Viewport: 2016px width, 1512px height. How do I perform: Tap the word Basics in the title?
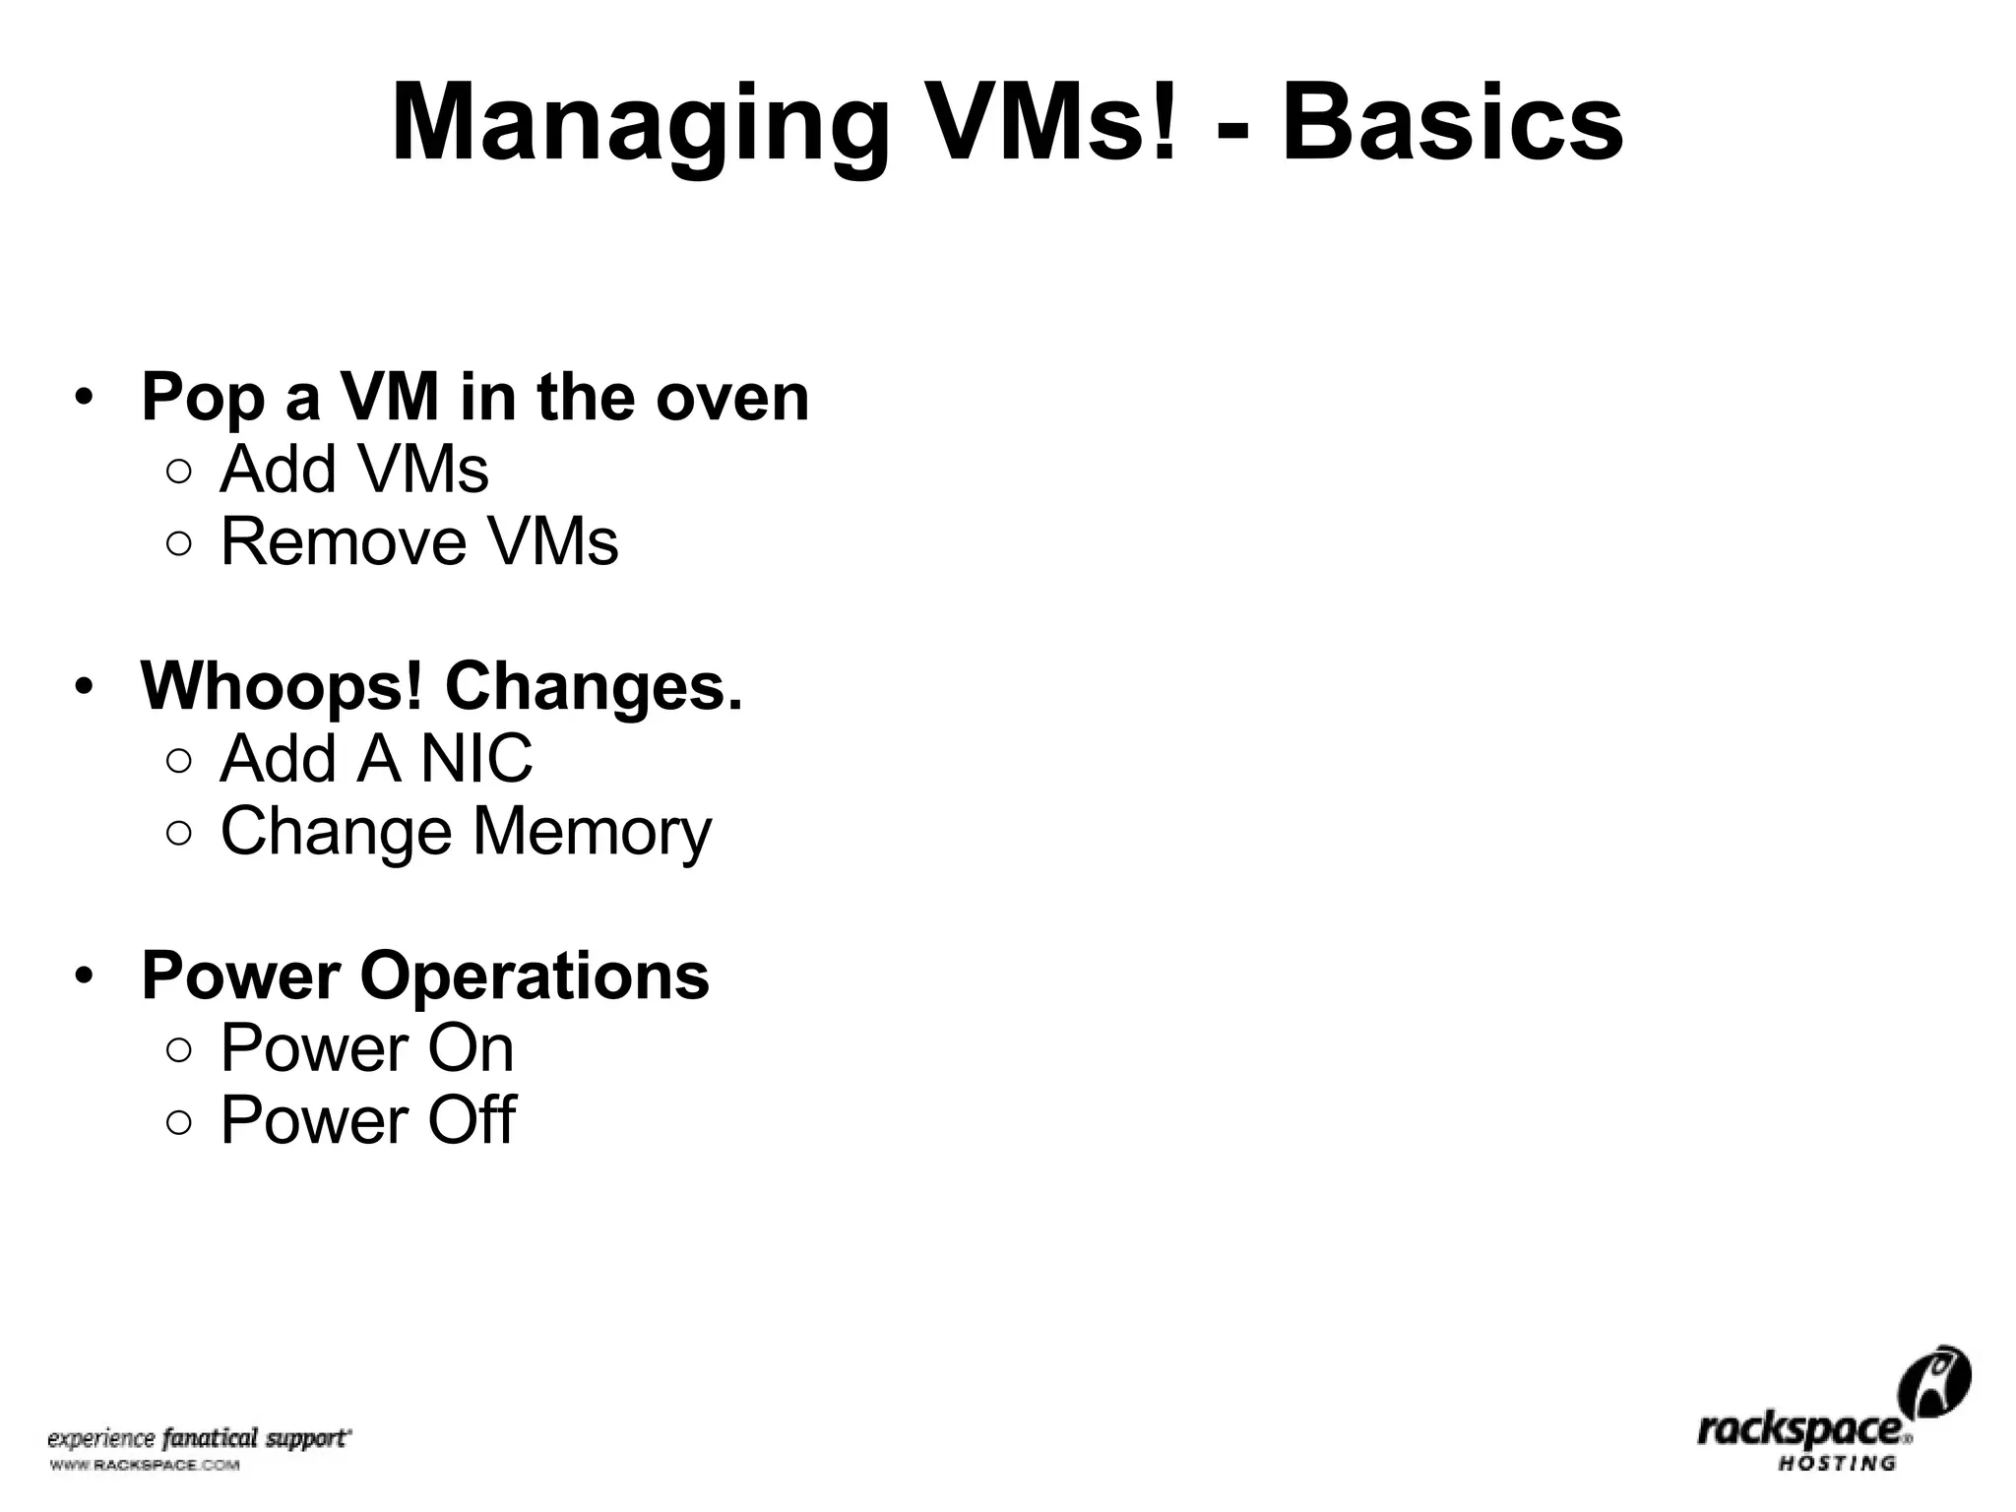tap(1452, 126)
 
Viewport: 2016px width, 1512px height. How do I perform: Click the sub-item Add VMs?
tap(353, 470)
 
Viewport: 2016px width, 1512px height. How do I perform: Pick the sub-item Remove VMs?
tap(419, 541)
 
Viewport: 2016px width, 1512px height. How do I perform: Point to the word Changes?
tap(595, 686)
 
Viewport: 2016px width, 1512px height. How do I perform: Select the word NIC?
tap(476, 759)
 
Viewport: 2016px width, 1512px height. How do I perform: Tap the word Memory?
tap(592, 833)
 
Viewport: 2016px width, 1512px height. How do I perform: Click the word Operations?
tap(535, 976)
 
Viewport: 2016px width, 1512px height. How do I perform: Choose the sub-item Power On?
tap(366, 1048)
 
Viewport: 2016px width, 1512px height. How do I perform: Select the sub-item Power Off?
tap(367, 1120)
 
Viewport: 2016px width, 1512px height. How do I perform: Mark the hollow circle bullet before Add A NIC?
tap(179, 761)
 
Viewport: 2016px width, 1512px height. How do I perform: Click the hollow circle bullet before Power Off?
tap(179, 1122)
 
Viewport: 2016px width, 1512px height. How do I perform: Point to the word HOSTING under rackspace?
tap(1836, 1463)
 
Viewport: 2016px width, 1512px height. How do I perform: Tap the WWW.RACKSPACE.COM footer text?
tap(144, 1466)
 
